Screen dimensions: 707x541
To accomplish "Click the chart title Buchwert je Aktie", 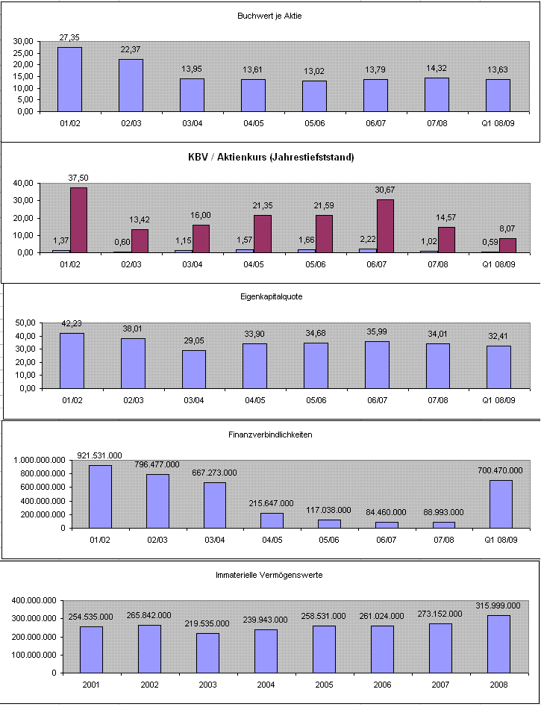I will (x=270, y=16).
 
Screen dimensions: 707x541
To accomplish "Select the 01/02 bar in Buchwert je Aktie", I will (x=69, y=79).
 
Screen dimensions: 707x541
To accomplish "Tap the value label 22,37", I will (x=131, y=50).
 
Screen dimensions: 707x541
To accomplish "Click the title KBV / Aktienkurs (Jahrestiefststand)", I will (x=271, y=157).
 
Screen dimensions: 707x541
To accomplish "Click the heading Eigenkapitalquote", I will (x=270, y=296).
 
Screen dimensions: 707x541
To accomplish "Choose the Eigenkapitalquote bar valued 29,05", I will (x=193, y=369).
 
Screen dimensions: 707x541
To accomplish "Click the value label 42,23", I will (x=72, y=324).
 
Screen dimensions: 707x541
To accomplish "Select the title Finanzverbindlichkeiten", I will (x=269, y=435).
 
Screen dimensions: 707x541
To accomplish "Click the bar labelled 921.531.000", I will (x=100, y=496).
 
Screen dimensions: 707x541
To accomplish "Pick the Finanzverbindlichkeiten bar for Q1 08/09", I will (x=500, y=504).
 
